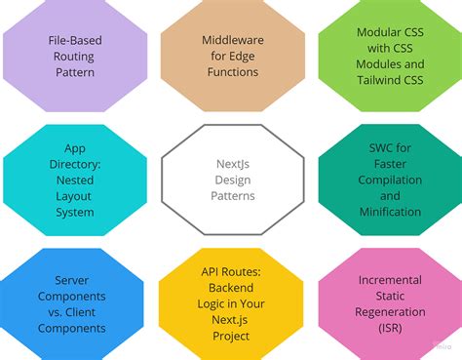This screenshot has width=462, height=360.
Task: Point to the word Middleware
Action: point(231,41)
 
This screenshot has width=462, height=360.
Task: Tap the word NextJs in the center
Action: point(231,163)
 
